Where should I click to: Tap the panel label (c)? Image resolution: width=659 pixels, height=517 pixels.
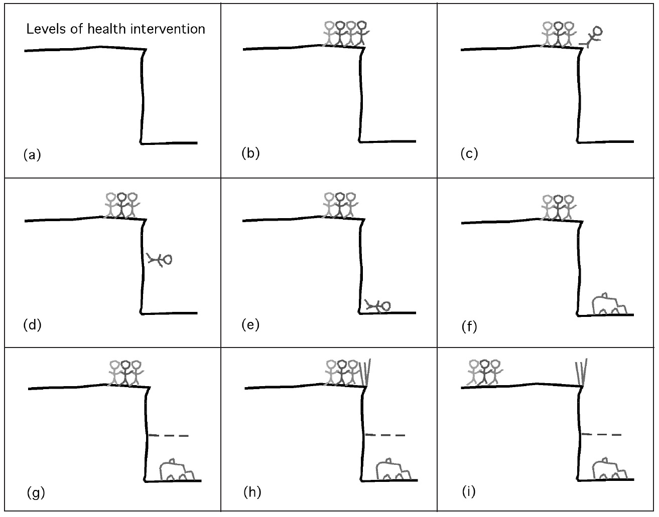469,153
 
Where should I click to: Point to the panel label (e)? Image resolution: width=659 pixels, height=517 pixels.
250,324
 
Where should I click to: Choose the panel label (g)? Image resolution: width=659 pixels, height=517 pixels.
36,493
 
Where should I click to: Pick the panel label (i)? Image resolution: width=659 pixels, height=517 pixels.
468,492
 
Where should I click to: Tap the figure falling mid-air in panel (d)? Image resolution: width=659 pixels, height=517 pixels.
160,259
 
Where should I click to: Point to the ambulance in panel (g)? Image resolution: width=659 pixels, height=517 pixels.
177,470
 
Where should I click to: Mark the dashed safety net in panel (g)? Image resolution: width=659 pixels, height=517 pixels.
169,435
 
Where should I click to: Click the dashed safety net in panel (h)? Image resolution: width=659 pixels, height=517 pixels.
385,435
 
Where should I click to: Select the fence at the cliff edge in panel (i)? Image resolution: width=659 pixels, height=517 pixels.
582,372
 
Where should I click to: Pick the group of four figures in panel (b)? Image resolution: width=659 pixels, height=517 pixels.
345,34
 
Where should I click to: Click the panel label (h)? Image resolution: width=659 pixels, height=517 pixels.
252,492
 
